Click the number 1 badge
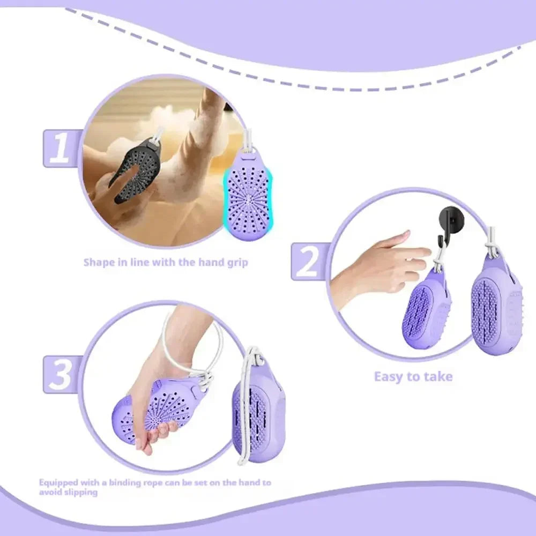pyautogui.click(x=61, y=148)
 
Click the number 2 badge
pyautogui.click(x=308, y=261)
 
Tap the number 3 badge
pyautogui.click(x=61, y=374)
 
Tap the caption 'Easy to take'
pyautogui.click(x=413, y=377)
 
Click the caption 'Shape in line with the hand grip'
pyautogui.click(x=166, y=263)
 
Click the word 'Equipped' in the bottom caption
pyautogui.click(x=58, y=482)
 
